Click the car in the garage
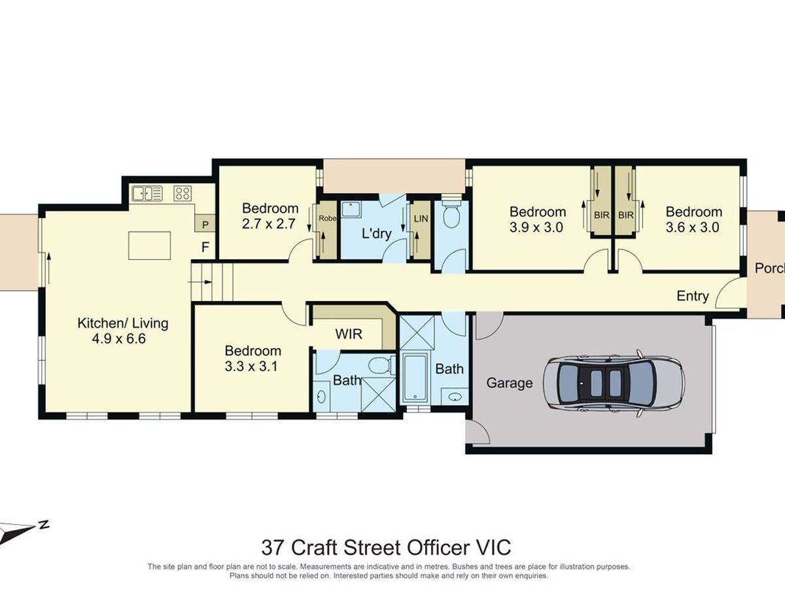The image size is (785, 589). point(614,384)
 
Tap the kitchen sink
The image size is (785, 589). point(147,194)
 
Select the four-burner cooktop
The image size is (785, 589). point(183,194)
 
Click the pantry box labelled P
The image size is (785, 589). point(205,224)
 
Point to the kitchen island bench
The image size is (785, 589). point(150,245)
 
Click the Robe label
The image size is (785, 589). point(328,218)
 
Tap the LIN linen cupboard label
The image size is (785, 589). point(421,218)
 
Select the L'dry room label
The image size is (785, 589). point(377,234)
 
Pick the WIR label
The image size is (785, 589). point(349,334)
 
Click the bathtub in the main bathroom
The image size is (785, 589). point(415,378)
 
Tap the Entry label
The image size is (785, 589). point(692,296)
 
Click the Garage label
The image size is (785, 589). point(509,383)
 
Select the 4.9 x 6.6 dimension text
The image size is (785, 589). point(119,338)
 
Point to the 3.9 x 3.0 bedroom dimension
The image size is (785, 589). point(536,227)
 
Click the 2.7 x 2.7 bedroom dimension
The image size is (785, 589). point(269,224)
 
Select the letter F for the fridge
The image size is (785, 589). point(205,247)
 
